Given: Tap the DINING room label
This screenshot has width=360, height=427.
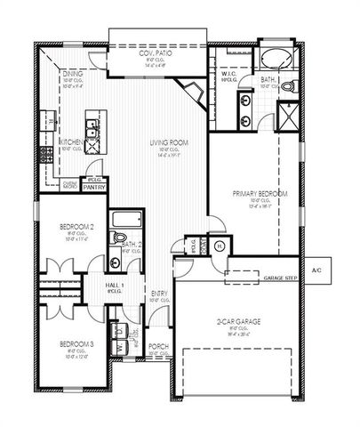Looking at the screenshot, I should coord(73,76).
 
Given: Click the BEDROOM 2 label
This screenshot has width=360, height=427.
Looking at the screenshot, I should coord(76,228).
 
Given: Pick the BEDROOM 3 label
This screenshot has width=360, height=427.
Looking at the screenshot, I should coord(76,343).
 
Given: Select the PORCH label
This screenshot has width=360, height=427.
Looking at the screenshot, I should coord(158,347).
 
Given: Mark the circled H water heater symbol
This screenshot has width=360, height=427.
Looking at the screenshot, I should coord(219,246).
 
